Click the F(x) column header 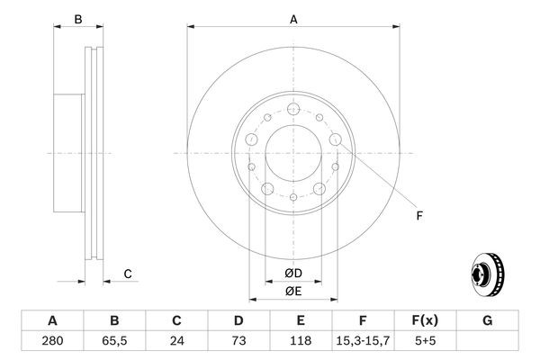425,321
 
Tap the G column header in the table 487,321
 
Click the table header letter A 52,321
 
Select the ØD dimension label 293,273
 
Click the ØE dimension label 293,291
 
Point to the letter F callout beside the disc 418,214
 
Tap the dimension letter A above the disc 293,19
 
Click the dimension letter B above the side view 78,19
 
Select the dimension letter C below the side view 128,274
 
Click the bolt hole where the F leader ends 336,139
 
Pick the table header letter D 238,321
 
